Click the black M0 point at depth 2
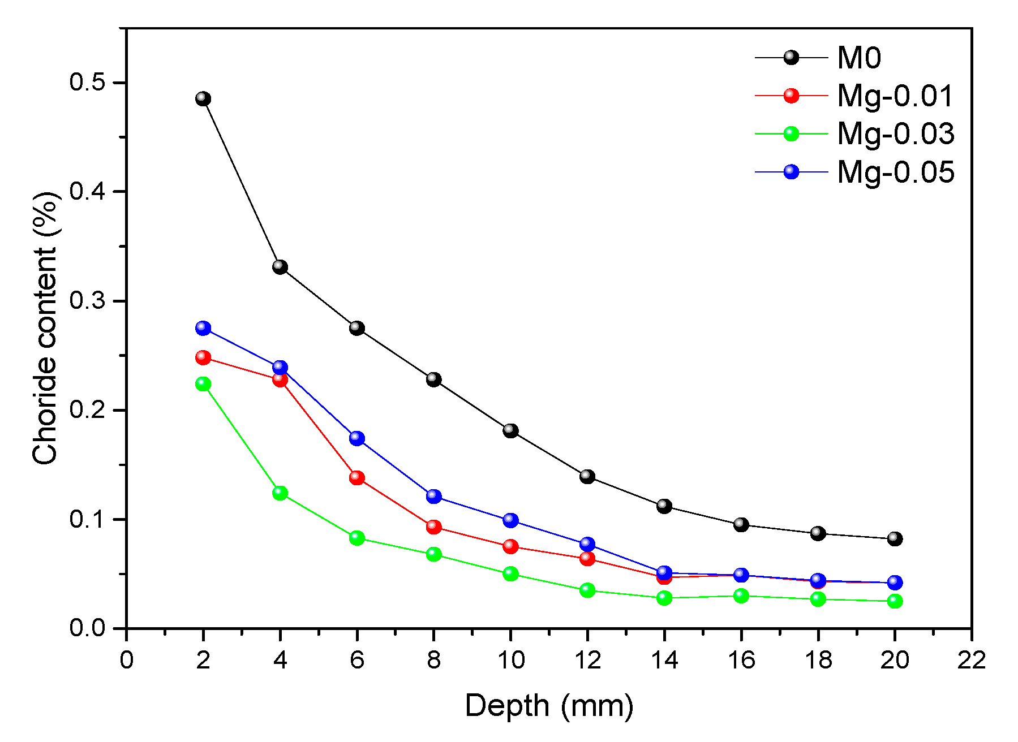tap(203, 99)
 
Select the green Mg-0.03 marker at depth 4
tap(280, 493)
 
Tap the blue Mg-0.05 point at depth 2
tap(203, 328)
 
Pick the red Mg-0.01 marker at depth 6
tap(357, 478)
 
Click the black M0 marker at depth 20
tap(895, 539)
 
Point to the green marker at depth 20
tap(895, 601)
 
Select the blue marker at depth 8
tap(434, 497)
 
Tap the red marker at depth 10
tap(510, 546)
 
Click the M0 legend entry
tap(858, 58)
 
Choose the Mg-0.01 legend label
tap(895, 96)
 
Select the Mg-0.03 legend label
tap(895, 133)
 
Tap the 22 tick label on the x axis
tap(971, 660)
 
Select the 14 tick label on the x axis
tap(664, 660)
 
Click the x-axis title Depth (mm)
tap(549, 706)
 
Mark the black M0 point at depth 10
tap(510, 431)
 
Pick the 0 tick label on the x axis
tap(126, 660)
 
